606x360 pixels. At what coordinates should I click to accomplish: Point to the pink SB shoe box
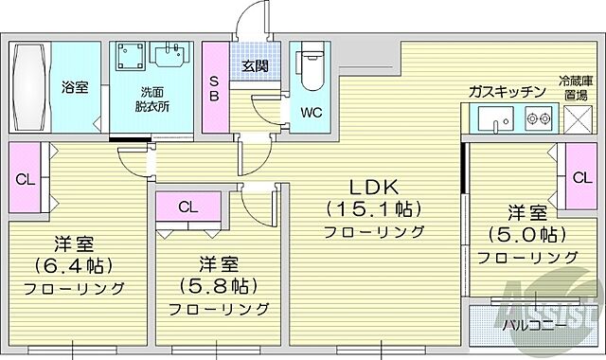[214, 87]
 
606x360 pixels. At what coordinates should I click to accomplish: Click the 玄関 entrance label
[254, 65]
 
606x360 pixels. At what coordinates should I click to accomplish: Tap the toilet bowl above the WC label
[311, 68]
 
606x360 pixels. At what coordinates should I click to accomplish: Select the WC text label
[312, 112]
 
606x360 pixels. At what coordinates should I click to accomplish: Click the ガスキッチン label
[507, 91]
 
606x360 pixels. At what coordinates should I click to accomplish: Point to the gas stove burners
[538, 119]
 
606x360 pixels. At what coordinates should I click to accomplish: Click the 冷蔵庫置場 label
[574, 88]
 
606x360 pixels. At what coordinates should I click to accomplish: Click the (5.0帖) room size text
[527, 235]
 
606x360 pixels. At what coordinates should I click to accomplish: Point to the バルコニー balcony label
[535, 324]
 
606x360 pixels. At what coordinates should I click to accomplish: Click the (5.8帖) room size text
[218, 284]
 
